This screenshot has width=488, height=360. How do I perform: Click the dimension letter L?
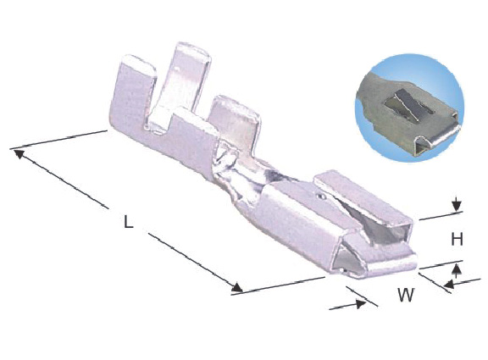pyautogui.click(x=128, y=222)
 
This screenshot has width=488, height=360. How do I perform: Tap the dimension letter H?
pyautogui.click(x=457, y=240)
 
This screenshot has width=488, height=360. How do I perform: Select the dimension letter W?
pyautogui.click(x=406, y=295)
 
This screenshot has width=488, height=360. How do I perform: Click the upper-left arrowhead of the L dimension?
pyautogui.click(x=19, y=153)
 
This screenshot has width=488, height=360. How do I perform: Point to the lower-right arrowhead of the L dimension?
pyautogui.click(x=237, y=287)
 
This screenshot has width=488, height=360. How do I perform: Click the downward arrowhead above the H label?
pyautogui.click(x=457, y=206)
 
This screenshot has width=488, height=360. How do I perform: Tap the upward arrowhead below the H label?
pyautogui.click(x=457, y=269)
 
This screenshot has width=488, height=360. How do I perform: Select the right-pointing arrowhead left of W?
pyautogui.click(x=361, y=303)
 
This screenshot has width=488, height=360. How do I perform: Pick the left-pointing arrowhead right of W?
pyautogui.click(x=448, y=284)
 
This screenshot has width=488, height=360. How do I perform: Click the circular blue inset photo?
pyautogui.click(x=409, y=108)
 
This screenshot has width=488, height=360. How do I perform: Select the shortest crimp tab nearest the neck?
pyautogui.click(x=235, y=125)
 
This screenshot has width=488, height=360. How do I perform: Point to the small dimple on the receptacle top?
pyautogui.click(x=321, y=197)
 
